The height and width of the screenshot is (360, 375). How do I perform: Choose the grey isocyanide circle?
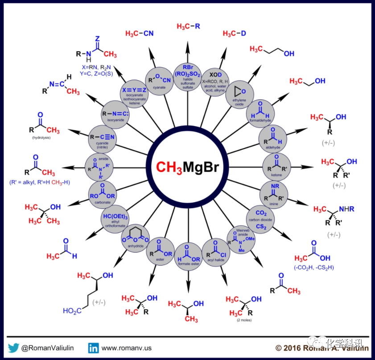click(x=115, y=114)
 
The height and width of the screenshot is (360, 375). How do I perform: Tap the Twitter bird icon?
click(x=12, y=348)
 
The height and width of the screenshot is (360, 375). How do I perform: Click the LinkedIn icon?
click(x=94, y=348)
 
